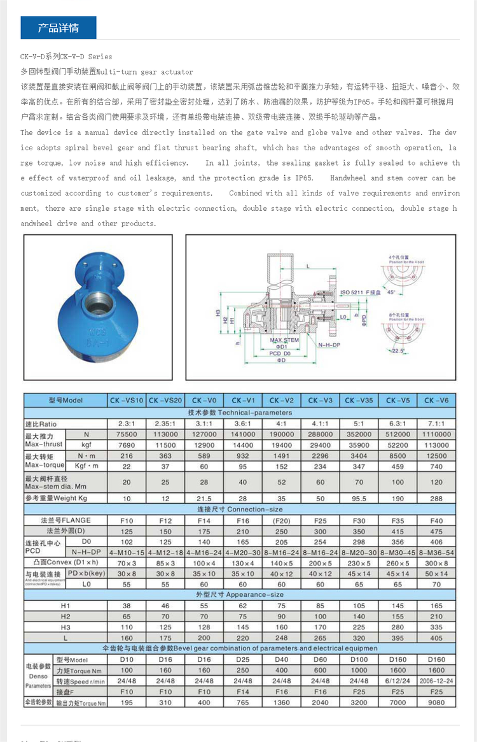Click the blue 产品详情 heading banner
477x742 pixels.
click(59, 28)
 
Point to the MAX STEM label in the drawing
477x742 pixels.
click(284, 341)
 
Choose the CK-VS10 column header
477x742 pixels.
click(127, 401)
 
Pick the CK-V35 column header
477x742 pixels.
click(359, 401)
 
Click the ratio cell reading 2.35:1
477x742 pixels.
click(165, 424)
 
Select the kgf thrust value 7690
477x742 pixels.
click(127, 445)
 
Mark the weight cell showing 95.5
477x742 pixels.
click(359, 498)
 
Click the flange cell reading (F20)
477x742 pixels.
click(282, 520)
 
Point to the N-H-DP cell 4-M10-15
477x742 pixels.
click(127, 552)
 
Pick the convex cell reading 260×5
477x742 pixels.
click(397, 563)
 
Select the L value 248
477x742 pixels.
click(282, 638)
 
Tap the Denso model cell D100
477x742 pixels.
click(359, 660)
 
